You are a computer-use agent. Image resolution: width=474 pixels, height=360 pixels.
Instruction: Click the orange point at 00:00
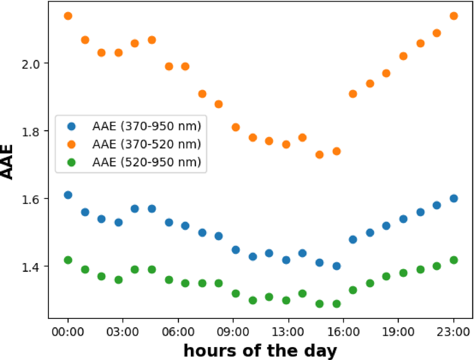tap(68, 16)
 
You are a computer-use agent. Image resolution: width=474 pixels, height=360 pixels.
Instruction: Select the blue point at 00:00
tap(68, 195)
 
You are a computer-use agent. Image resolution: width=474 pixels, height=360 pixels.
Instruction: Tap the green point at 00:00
tap(68, 260)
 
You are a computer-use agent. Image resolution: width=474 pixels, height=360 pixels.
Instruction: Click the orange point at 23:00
tap(453, 16)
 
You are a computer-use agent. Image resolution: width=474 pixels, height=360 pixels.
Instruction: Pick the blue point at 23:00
tap(453, 199)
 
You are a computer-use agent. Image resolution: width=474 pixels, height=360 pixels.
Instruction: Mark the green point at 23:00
tap(453, 260)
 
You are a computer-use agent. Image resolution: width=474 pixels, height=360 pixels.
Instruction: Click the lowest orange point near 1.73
tap(319, 155)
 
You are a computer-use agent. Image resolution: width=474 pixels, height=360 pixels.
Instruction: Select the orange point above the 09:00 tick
tap(236, 128)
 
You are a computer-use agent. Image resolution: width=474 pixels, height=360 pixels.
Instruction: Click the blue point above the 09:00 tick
tap(236, 250)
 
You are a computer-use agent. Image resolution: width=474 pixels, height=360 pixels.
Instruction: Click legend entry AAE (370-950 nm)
tap(146, 126)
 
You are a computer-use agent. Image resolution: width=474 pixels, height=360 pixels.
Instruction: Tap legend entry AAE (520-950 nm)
tap(146, 162)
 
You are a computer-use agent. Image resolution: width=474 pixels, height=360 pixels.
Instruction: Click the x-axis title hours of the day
tap(260, 350)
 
